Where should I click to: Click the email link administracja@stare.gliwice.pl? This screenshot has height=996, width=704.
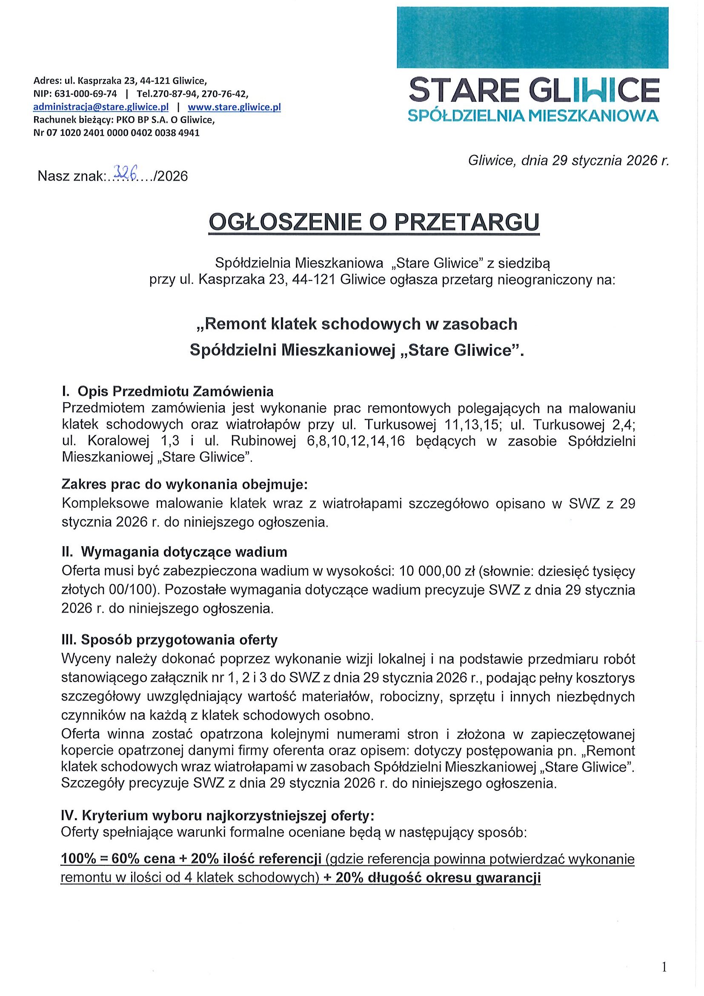click(x=100, y=107)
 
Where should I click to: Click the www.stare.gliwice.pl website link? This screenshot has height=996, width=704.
click(x=234, y=107)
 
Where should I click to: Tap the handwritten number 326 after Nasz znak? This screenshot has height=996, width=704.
click(x=125, y=174)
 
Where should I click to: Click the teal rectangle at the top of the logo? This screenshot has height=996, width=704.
click(x=532, y=37)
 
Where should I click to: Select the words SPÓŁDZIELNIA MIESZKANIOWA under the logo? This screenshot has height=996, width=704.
click(x=533, y=115)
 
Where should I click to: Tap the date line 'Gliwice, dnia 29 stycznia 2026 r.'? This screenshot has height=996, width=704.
click(x=569, y=161)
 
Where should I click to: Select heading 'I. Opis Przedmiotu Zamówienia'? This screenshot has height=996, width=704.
click(x=168, y=391)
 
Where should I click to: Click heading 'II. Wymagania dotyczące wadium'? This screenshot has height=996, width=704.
click(x=175, y=552)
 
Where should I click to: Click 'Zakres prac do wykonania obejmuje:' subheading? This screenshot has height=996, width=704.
click(x=185, y=484)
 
